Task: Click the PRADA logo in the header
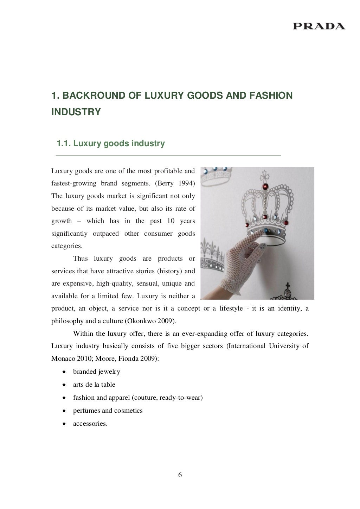(319, 26)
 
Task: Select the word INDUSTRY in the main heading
(76, 112)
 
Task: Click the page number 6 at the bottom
(180, 475)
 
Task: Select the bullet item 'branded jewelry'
(96, 371)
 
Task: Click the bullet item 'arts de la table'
(94, 384)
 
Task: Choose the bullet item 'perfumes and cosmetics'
(108, 410)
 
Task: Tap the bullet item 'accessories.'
(90, 423)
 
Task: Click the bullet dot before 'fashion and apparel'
(65, 398)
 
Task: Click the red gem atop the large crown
(265, 185)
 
